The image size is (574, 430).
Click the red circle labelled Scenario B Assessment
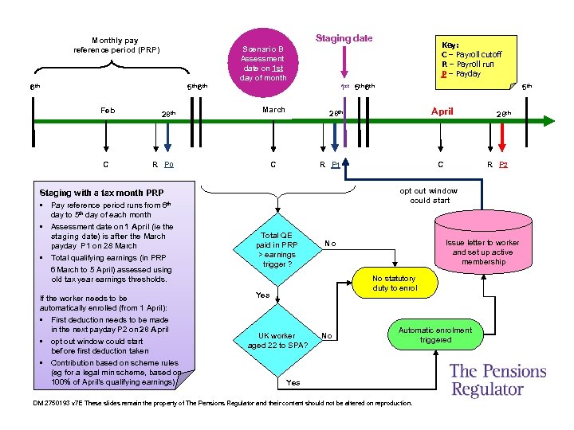[263, 63]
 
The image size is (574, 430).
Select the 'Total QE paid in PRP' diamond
[278, 248]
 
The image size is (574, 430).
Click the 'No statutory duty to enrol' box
[395, 283]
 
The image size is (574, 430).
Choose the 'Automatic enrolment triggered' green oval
[434, 334]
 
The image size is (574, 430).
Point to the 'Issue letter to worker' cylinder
[482, 252]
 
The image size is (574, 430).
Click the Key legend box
[471, 60]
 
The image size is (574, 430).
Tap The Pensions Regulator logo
[497, 380]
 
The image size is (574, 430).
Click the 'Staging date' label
[344, 38]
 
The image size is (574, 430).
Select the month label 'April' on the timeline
[442, 111]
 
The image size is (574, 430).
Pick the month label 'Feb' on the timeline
[107, 110]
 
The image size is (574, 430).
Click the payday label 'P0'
[168, 165]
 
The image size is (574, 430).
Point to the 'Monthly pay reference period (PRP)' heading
[116, 45]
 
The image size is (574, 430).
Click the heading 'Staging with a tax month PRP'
[101, 193]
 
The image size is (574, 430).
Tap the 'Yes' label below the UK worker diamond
[293, 383]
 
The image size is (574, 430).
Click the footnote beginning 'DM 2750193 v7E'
[223, 403]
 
